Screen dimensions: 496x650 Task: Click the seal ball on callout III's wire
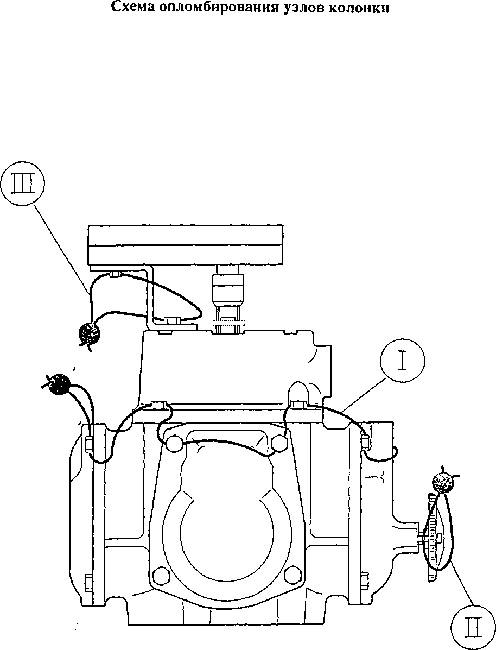[x=90, y=333]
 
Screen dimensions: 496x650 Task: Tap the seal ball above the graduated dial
[x=442, y=482]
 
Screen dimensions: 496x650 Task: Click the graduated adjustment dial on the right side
[x=434, y=538]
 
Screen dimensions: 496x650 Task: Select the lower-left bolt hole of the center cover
[x=161, y=576]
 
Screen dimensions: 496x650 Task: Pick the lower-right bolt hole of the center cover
[x=294, y=576]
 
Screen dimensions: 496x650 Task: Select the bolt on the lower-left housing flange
[x=88, y=583]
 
